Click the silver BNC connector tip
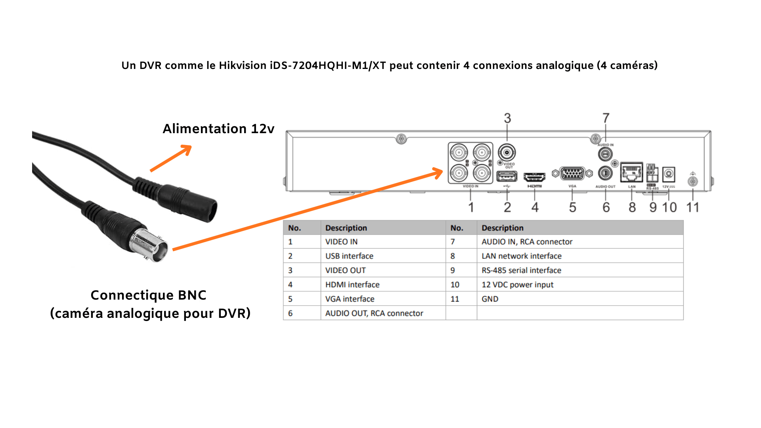tap(153, 246)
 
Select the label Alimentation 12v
tap(218, 129)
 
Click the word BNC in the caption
tap(192, 295)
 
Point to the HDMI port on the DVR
tap(534, 177)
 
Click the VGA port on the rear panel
tap(572, 174)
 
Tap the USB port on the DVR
tap(507, 176)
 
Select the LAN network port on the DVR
tap(631, 172)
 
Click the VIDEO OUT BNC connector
tap(507, 153)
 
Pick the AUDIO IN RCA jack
tap(605, 154)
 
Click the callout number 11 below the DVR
tap(692, 207)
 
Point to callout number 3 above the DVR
tap(507, 118)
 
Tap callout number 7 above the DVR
tap(606, 118)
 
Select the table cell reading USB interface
tap(349, 256)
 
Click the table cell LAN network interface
tap(521, 256)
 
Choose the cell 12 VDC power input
tap(517, 285)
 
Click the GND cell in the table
tap(490, 299)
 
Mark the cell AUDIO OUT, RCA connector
tap(374, 313)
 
